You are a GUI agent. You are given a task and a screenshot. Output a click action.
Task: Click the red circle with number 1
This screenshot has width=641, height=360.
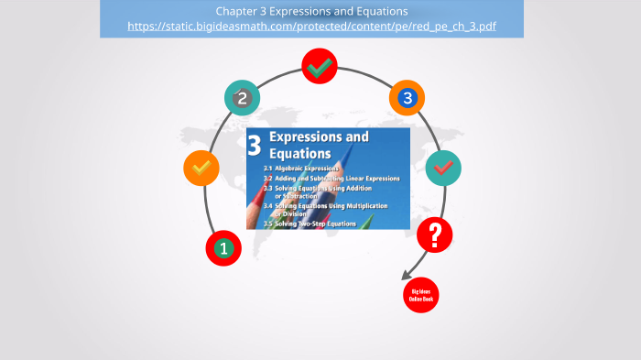[x=223, y=247]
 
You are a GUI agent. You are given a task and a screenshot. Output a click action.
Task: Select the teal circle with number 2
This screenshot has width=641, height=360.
[x=242, y=98]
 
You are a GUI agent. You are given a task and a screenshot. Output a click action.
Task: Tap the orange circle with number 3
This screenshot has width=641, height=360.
[x=407, y=97]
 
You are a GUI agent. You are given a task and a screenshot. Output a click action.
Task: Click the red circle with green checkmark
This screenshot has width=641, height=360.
[x=320, y=66]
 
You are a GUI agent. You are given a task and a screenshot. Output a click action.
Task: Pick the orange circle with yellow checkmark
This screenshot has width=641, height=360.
[x=201, y=169]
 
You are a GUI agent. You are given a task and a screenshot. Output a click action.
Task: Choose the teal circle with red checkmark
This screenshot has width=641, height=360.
[x=443, y=168]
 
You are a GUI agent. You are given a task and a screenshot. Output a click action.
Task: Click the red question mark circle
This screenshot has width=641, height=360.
[x=435, y=235]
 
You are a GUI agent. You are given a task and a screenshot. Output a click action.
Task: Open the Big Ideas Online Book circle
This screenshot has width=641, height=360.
[x=421, y=294]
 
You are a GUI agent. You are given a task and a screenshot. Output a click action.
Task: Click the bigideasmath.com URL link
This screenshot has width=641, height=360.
[x=311, y=27]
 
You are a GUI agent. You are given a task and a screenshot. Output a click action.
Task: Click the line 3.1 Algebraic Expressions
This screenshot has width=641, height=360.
[x=301, y=169]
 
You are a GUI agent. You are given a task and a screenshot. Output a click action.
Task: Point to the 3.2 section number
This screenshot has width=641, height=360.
[x=268, y=178]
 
